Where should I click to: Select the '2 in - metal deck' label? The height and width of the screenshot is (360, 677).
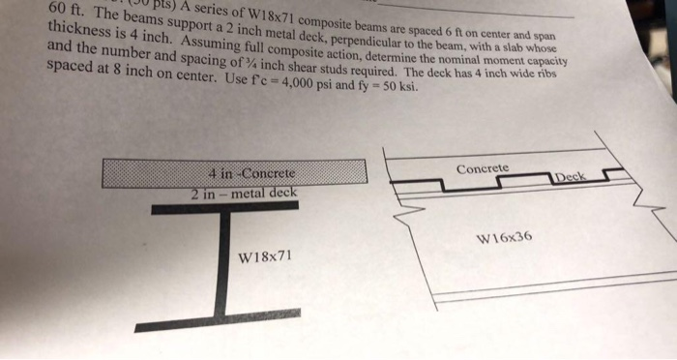click(x=245, y=193)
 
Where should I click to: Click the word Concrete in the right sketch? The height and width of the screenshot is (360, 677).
click(x=482, y=168)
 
